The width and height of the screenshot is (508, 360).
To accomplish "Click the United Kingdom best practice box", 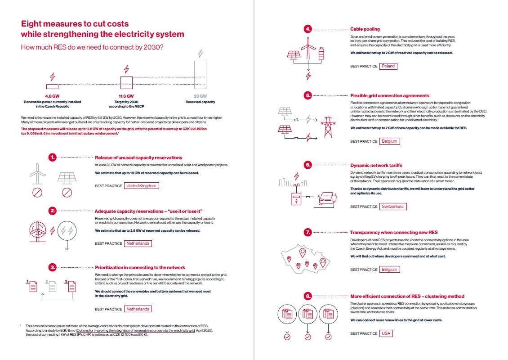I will pyautogui.click(x=141, y=186).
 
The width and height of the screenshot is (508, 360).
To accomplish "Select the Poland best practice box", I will pyautogui.click(x=388, y=66).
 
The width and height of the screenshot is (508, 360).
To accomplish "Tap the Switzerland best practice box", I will pyautogui.click(x=392, y=207).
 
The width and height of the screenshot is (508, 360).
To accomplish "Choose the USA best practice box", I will pyautogui.click(x=386, y=333).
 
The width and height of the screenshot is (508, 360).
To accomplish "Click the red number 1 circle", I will pyautogui.click(x=53, y=157).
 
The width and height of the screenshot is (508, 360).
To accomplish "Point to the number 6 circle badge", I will pyautogui.click(x=307, y=165).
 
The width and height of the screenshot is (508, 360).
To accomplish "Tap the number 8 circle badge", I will pyautogui.click(x=307, y=297).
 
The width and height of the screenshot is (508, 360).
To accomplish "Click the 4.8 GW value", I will pyautogui.click(x=52, y=96).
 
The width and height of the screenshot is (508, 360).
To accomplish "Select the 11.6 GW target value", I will pyautogui.click(x=126, y=96).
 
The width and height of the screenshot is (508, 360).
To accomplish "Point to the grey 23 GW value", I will pyautogui.click(x=200, y=96).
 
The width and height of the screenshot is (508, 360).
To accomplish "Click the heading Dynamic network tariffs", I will pyautogui.click(x=376, y=165).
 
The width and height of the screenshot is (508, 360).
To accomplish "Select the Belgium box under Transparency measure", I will pyautogui.click(x=389, y=270).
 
